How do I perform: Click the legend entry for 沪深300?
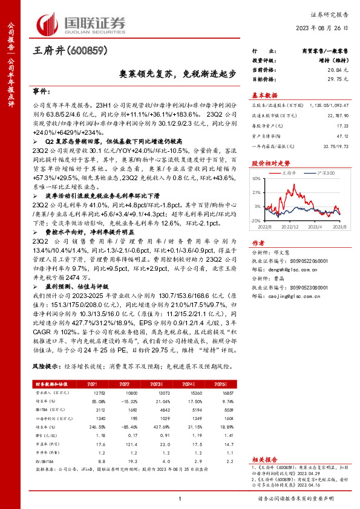coord(328,173)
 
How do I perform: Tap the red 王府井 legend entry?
coord(290,173)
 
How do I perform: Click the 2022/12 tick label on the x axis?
coord(292,227)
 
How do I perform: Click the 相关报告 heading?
coord(264,460)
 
